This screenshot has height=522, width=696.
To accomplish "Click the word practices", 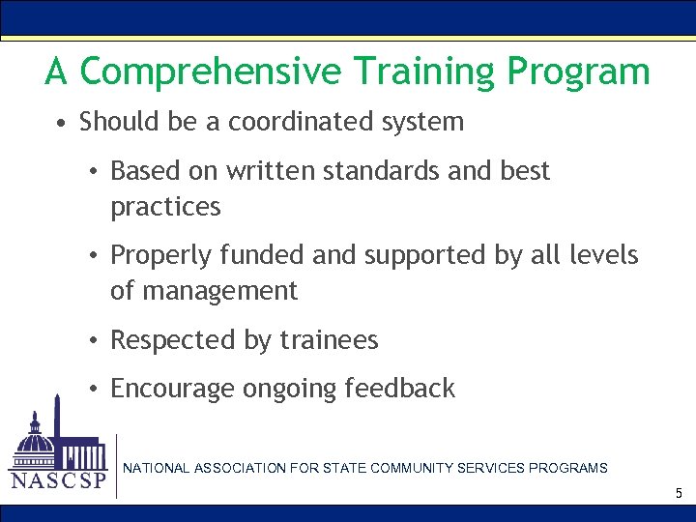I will coord(165,207).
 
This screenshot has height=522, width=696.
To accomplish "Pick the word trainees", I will coord(329,340).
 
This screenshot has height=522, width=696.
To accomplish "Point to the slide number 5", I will coord(679,494).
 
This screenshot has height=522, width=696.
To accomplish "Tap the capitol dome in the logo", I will coord(37,440).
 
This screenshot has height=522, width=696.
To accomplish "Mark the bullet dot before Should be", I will coord(61,124).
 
